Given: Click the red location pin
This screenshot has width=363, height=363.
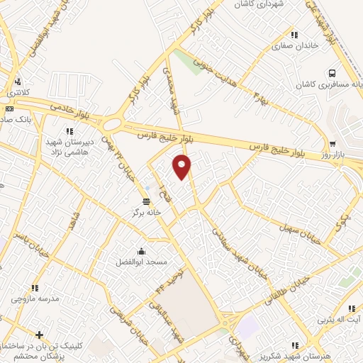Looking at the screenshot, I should click(182, 166).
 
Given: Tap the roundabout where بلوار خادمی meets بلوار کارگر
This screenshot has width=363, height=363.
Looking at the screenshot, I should click(113, 125).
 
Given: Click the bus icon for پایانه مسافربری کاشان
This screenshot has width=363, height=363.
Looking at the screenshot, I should click(331, 73).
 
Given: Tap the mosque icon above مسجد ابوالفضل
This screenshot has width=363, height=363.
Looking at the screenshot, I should click(141, 251).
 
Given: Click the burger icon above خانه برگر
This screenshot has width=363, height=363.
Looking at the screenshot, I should click(147, 201).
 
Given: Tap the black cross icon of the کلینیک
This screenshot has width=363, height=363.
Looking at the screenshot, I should click(40, 334).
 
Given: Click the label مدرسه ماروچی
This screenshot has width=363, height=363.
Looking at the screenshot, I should click(29, 299).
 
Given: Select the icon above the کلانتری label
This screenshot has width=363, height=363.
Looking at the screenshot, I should click(17, 81).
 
